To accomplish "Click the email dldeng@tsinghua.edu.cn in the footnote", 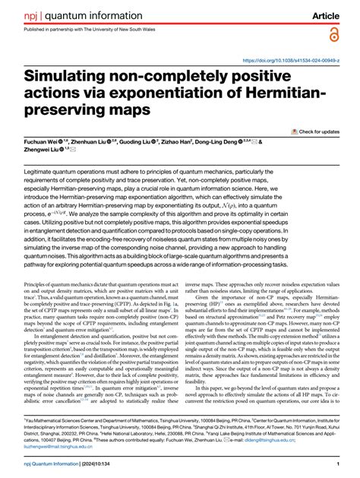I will point(319,440).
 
